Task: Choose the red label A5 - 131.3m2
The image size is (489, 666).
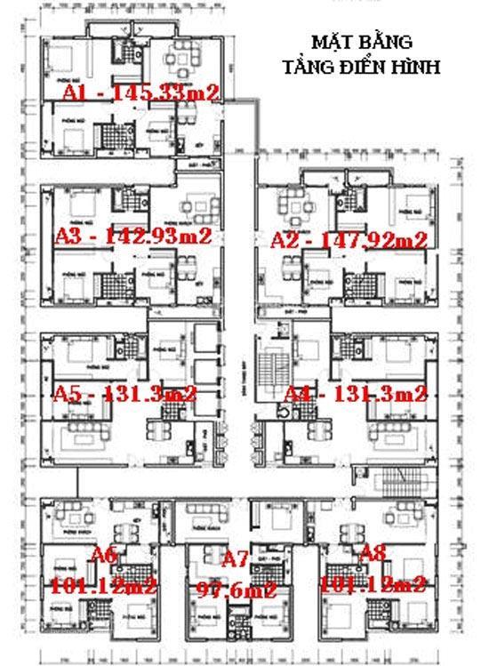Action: point(125,393)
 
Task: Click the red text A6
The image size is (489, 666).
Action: point(104,556)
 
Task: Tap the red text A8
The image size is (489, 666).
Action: point(373,555)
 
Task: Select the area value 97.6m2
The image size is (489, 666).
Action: point(237,589)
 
